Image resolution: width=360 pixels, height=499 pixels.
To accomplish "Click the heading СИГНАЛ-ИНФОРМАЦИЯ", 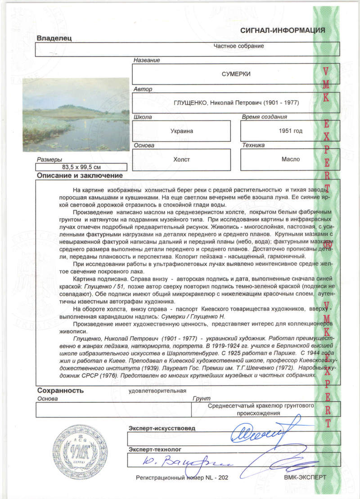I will click(x=283, y=31).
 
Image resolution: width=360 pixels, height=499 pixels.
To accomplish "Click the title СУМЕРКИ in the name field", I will click(x=236, y=74).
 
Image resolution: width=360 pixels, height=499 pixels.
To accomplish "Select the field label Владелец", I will click(x=54, y=38).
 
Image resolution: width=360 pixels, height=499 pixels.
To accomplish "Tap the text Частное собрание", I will click(x=238, y=46).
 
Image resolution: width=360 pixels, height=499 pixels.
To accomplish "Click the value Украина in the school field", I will click(x=182, y=131).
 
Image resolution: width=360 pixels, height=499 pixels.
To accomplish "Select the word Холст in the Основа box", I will click(x=182, y=159).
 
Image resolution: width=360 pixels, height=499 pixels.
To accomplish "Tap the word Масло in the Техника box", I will click(x=291, y=159).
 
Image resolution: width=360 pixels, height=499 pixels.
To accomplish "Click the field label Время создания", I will click(x=264, y=117).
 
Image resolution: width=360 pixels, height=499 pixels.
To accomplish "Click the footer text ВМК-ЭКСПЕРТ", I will click(x=305, y=477).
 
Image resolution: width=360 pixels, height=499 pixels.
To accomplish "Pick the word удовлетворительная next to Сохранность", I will click(x=157, y=391).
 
